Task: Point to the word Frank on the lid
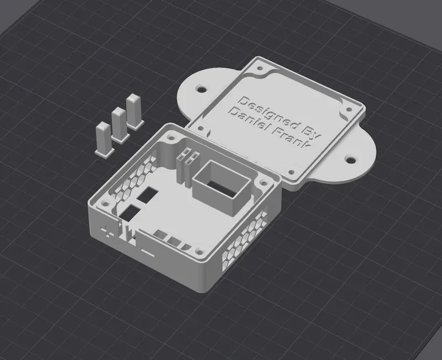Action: (291, 139)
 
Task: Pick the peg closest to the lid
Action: (135, 112)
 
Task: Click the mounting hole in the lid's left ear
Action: (202, 89)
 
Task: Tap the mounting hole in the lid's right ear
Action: (350, 160)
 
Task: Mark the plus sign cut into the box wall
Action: (107, 231)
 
